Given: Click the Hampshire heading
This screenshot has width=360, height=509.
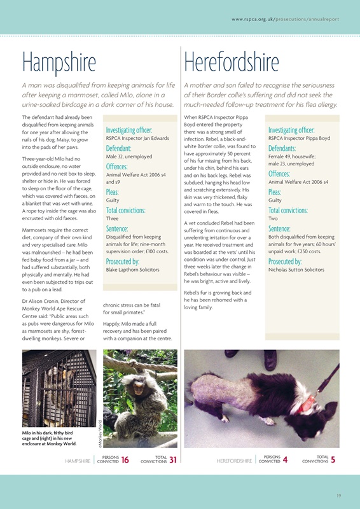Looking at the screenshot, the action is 59,62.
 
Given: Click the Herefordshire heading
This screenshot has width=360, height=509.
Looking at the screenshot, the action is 232,62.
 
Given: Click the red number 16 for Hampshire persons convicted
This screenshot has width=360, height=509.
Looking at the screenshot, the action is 125,460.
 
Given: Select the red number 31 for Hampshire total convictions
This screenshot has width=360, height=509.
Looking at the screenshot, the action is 173,460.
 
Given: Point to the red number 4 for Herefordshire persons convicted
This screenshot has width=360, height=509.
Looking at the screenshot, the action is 285,460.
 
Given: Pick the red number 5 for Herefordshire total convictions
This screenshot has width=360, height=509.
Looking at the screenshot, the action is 333,460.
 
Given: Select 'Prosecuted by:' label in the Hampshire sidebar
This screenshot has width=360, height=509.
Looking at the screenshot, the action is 123,261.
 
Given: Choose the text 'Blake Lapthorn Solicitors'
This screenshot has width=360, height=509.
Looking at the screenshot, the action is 132,270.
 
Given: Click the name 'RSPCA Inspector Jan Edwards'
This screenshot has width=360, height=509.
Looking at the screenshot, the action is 137,138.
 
